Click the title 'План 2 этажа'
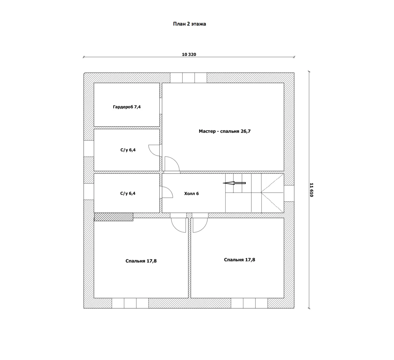point(189,24)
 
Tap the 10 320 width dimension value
point(189,54)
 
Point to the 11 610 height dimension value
point(312,190)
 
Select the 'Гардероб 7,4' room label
point(127,107)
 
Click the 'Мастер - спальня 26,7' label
point(225,131)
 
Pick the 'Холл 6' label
point(191,193)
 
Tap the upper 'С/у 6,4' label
point(128,150)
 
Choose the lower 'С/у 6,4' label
point(128,193)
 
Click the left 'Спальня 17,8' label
point(141,261)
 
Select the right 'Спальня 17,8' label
point(239,260)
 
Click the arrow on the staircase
point(234,183)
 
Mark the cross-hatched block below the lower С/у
point(114,217)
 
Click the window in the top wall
point(188,78)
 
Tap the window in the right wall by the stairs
point(289,193)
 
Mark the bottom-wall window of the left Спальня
point(130,303)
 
